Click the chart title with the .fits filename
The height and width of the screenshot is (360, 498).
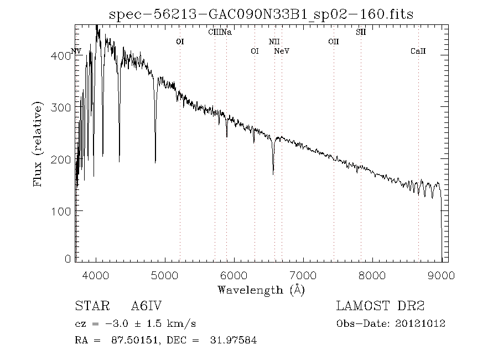pos(261,14)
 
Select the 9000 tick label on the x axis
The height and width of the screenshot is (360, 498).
pos(441,275)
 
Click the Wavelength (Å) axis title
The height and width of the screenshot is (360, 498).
pos(261,290)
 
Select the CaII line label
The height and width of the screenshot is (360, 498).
pos(418,52)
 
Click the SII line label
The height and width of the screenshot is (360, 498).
pos(361,32)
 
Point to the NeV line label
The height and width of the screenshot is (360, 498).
pos(282,52)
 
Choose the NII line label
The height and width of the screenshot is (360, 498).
pos(274,42)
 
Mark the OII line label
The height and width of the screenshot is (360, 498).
pos(333,42)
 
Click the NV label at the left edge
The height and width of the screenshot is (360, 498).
pos(76,52)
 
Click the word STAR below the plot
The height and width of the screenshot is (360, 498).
pos(90,306)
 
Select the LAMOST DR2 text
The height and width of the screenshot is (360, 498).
pos(380,306)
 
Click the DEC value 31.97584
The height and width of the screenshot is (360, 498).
pos(234,341)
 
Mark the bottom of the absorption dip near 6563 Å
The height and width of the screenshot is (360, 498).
pos(273,174)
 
